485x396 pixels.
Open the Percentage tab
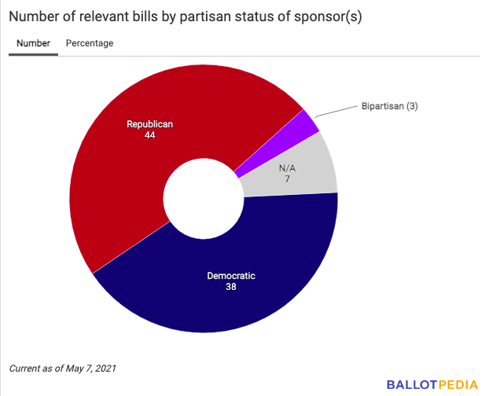click(90, 43)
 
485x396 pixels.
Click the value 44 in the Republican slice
click(149, 135)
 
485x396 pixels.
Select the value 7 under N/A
click(288, 180)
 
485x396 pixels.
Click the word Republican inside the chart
click(149, 124)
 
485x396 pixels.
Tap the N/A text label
click(288, 169)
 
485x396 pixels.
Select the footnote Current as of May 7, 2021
click(62, 368)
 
